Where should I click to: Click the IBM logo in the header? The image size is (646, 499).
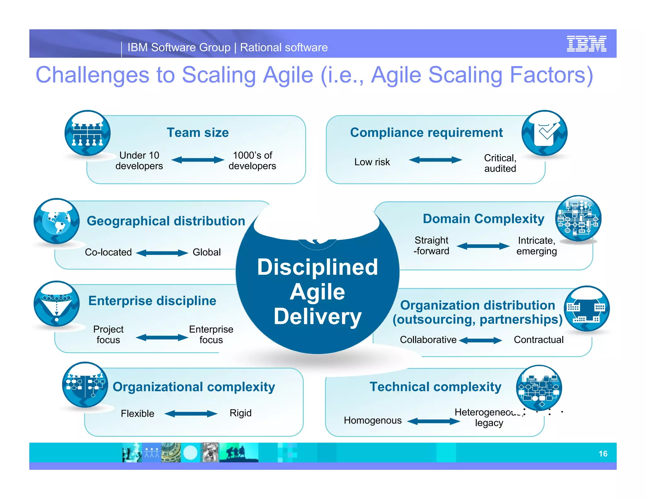(586, 44)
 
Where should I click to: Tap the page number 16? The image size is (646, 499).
(603, 454)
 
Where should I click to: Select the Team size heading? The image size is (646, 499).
(197, 132)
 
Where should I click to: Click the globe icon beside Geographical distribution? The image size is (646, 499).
(57, 221)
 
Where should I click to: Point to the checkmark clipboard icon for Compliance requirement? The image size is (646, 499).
(544, 133)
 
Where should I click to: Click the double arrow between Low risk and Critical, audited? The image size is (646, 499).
(435, 160)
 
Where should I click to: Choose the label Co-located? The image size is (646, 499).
(108, 252)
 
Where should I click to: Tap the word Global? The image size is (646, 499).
(207, 252)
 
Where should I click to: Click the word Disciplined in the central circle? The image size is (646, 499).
(317, 267)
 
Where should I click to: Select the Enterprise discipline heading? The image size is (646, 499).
(152, 301)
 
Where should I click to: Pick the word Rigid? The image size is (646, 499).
(240, 413)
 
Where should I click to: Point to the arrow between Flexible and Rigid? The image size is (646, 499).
(191, 414)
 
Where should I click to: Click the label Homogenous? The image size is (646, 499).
(373, 420)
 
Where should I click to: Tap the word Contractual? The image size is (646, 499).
(538, 340)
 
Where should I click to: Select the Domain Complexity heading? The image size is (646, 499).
(483, 219)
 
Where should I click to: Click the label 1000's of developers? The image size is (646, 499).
(252, 161)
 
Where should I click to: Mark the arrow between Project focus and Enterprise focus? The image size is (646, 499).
(162, 338)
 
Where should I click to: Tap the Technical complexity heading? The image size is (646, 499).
(435, 387)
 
